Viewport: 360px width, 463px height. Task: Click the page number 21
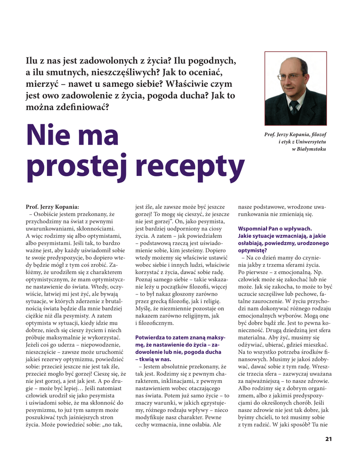pyautogui.click(x=328, y=439)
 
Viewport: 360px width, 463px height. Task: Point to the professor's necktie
pyautogui.click(x=294, y=107)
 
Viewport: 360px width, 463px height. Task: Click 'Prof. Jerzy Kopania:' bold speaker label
pyautogui.click(x=53, y=207)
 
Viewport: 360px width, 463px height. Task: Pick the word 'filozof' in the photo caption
pyautogui.click(x=318, y=135)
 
